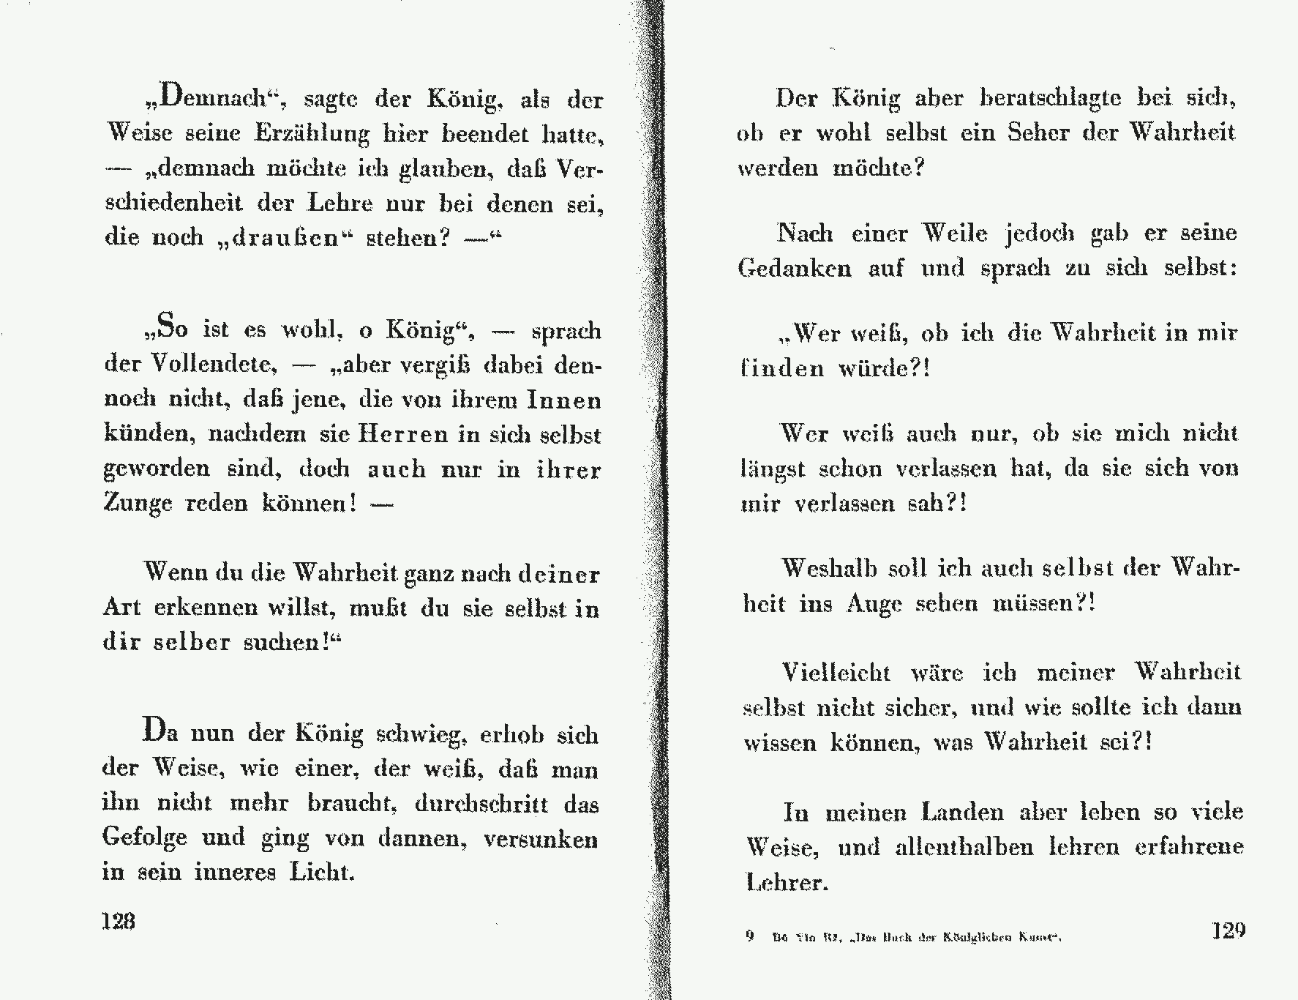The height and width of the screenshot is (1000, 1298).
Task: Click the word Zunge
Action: (138, 504)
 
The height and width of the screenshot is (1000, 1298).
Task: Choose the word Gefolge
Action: (144, 837)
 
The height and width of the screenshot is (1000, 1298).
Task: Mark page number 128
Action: (118, 920)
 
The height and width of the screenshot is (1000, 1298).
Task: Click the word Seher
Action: (1038, 133)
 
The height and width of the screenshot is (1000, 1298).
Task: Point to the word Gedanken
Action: (795, 268)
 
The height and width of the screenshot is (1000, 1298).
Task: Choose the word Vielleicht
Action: (836, 672)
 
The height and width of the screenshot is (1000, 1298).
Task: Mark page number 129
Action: (1228, 930)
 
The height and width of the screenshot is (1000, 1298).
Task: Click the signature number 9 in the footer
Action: (749, 936)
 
